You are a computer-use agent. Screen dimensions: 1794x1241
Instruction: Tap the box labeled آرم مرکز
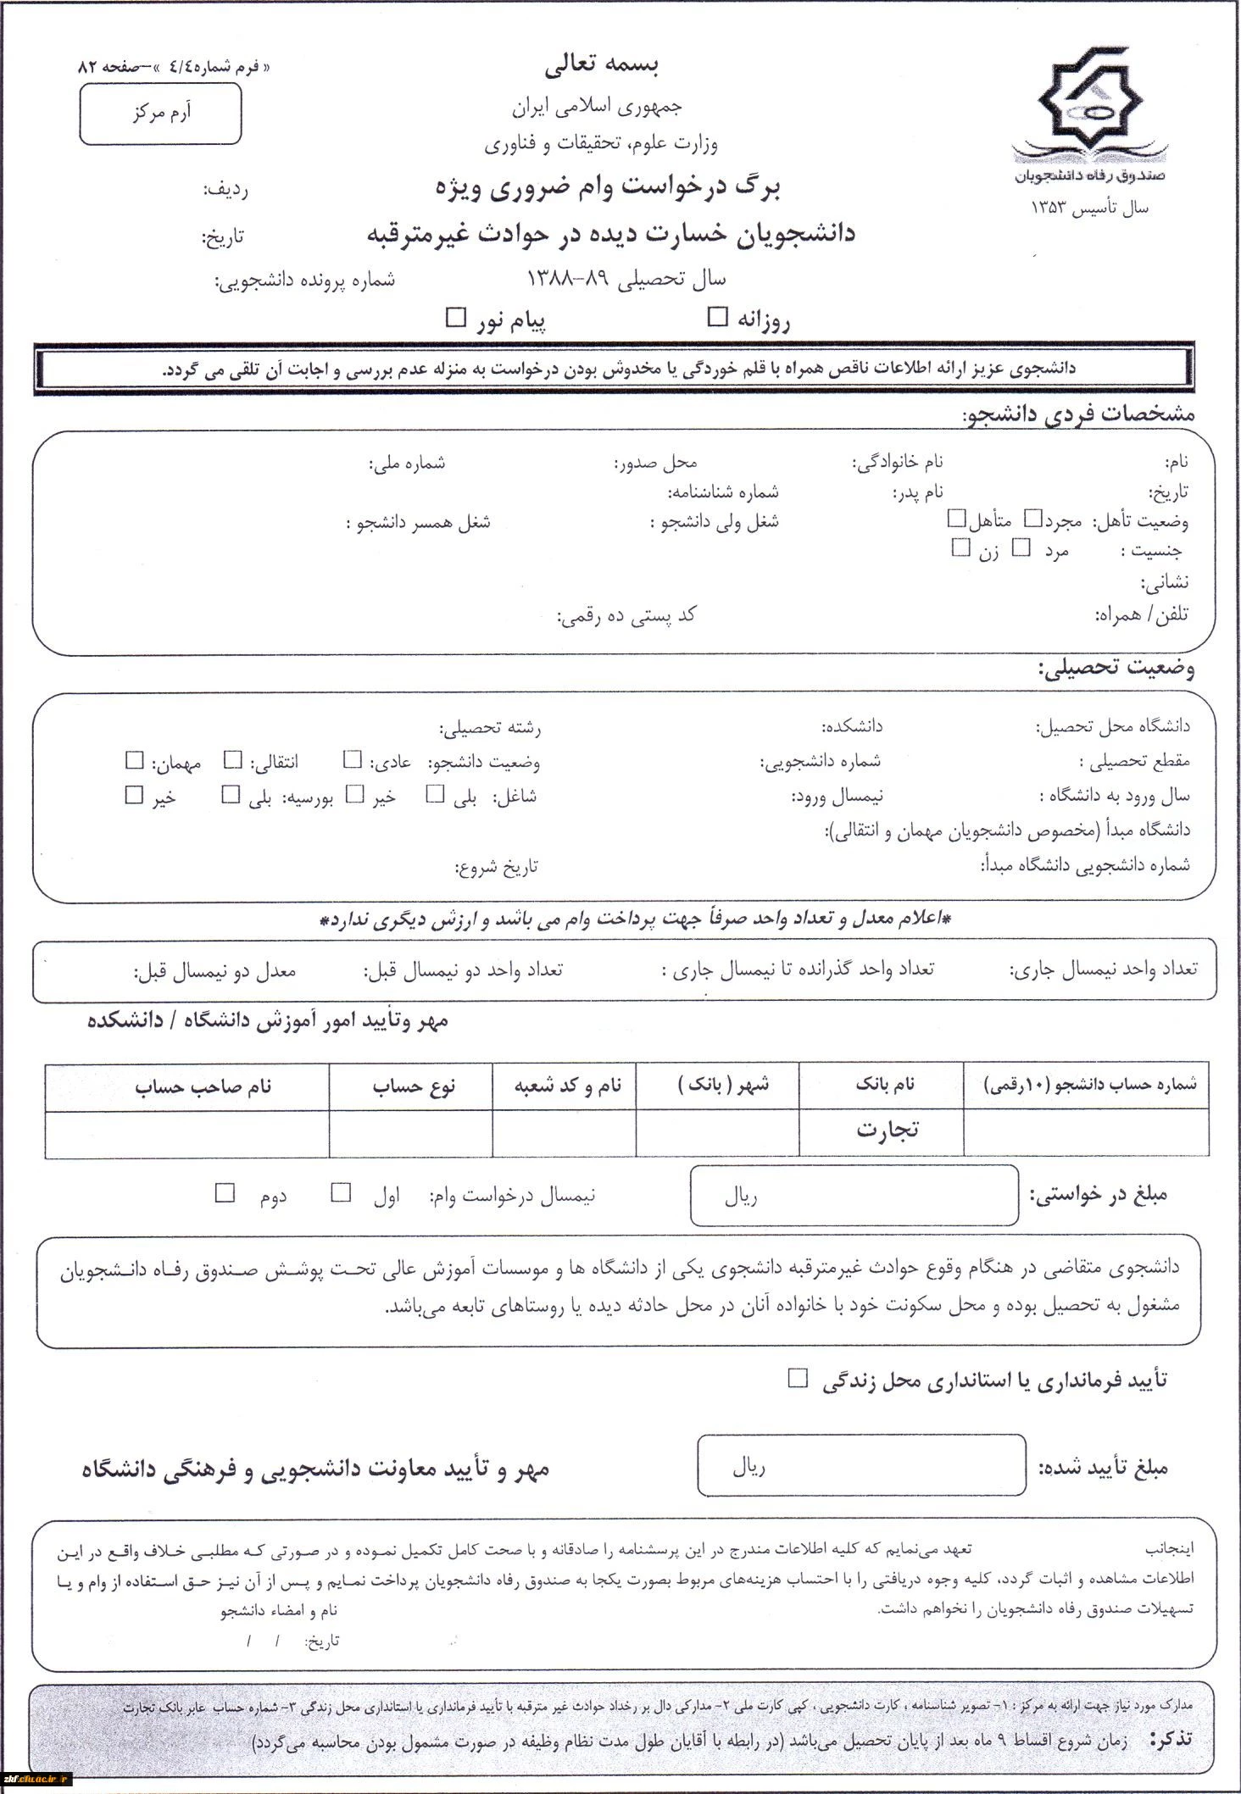point(160,114)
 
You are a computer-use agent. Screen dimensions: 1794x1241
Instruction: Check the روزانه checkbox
point(718,318)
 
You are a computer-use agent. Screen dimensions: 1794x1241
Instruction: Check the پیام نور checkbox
point(456,318)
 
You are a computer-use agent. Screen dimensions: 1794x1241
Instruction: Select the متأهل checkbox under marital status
point(957,517)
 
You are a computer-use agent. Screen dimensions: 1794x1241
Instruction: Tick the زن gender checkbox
point(960,548)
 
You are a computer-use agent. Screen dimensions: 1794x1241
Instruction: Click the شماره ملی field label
point(407,464)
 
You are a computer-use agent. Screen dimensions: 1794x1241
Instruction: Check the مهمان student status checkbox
point(134,760)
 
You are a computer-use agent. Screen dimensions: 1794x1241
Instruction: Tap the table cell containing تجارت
point(882,1130)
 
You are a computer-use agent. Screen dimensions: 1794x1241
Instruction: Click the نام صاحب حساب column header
point(203,1086)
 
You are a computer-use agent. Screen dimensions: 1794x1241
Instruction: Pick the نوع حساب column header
point(414,1086)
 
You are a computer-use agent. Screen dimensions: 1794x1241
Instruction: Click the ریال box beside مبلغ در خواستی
point(854,1195)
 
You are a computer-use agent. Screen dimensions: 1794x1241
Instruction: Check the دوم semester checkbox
point(225,1193)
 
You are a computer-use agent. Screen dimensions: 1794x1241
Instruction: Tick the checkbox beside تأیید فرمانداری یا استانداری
point(797,1378)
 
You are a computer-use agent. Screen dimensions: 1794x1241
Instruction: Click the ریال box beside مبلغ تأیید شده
point(861,1468)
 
